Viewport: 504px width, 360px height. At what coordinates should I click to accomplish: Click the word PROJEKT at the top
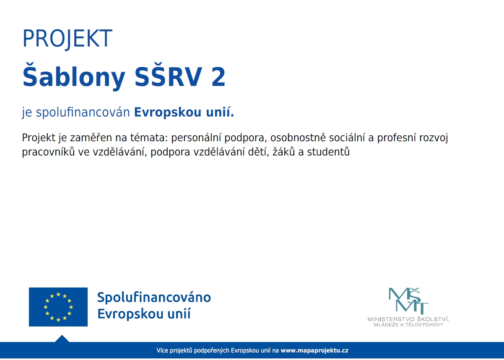coord(67,39)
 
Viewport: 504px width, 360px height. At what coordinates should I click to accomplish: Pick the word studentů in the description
coord(328,152)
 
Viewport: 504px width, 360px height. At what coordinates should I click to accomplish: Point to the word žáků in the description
coord(284,152)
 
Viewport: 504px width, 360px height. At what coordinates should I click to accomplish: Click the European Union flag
coord(58,307)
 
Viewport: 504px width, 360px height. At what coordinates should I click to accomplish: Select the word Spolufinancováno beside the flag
coord(154,298)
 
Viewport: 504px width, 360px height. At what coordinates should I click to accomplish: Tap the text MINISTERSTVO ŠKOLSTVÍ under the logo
coord(408,319)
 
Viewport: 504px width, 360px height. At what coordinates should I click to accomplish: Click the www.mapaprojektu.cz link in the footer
coord(314,350)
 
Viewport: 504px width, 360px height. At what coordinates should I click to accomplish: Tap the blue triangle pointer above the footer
coord(62,339)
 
